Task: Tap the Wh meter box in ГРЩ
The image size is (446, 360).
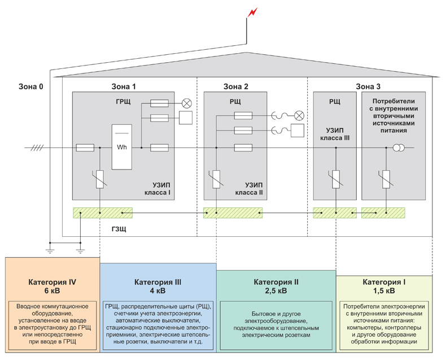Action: pos(121,146)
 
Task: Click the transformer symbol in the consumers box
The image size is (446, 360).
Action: pos(397,148)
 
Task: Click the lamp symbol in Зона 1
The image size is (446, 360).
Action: pos(186,103)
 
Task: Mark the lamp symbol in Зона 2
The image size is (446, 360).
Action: pos(300,116)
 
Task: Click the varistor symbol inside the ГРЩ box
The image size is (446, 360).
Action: pos(100,180)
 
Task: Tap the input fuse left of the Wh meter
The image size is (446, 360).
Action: pos(85,148)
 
